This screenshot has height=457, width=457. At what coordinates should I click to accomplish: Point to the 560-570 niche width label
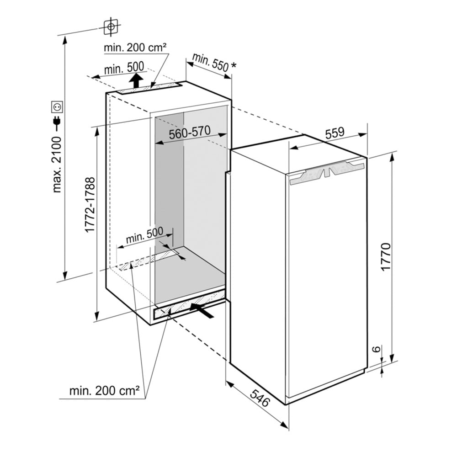pyautogui.click(x=189, y=133)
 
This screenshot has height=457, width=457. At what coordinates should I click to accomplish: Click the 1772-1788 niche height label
pyautogui.click(x=90, y=205)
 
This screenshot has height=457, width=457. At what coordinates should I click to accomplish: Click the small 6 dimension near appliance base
pyautogui.click(x=375, y=349)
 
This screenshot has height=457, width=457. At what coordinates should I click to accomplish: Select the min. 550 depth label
pyautogui.click(x=210, y=62)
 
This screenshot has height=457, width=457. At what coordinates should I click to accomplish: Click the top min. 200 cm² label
pyautogui.click(x=135, y=48)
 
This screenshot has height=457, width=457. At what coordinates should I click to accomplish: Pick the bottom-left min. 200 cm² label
pyautogui.click(x=104, y=391)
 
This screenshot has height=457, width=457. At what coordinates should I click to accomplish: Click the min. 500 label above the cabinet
pyautogui.click(x=125, y=69)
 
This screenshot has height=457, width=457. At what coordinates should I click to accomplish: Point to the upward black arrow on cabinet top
pyautogui.click(x=135, y=81)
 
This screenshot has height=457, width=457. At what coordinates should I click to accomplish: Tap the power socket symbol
pyautogui.click(x=58, y=107)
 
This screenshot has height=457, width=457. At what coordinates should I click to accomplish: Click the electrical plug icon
pyautogui.click(x=58, y=122)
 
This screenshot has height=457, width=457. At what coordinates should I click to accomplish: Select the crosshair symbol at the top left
pyautogui.click(x=111, y=27)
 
